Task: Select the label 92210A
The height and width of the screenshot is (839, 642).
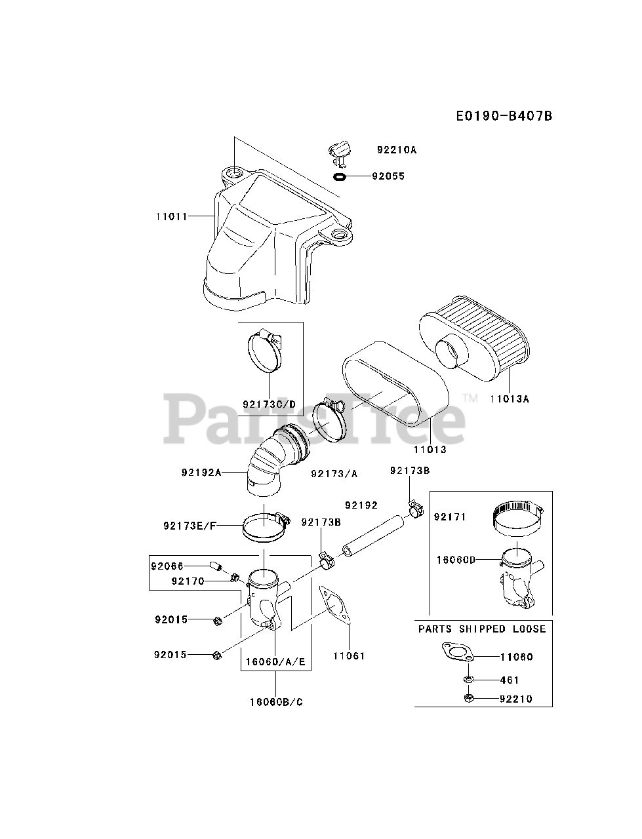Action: (x=396, y=149)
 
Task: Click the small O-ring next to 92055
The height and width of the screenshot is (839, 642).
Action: (x=340, y=176)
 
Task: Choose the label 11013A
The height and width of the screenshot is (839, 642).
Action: (x=509, y=398)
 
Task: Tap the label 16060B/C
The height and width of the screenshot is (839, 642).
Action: (x=275, y=702)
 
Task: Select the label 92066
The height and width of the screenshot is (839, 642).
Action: (x=167, y=566)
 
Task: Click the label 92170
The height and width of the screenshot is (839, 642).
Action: (x=188, y=581)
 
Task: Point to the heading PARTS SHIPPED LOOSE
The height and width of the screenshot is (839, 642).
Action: (x=482, y=629)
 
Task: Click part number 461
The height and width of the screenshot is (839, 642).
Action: (x=510, y=680)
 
